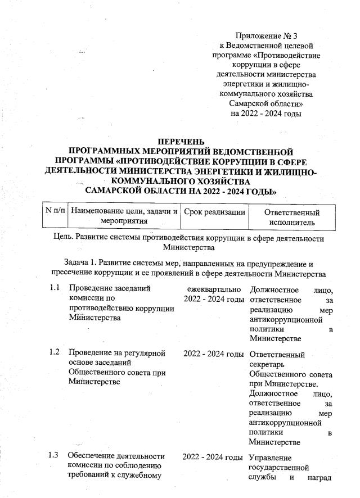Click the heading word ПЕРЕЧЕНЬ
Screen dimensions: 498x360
181,141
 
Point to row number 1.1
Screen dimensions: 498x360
54,288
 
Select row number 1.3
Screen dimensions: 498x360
54,455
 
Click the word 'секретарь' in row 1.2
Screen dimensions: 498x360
268,365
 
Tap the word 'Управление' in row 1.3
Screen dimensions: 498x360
270,456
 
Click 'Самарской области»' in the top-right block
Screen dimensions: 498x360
266,103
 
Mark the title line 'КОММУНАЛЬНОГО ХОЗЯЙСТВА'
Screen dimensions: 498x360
181,182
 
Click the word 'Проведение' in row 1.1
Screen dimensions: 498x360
90,288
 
